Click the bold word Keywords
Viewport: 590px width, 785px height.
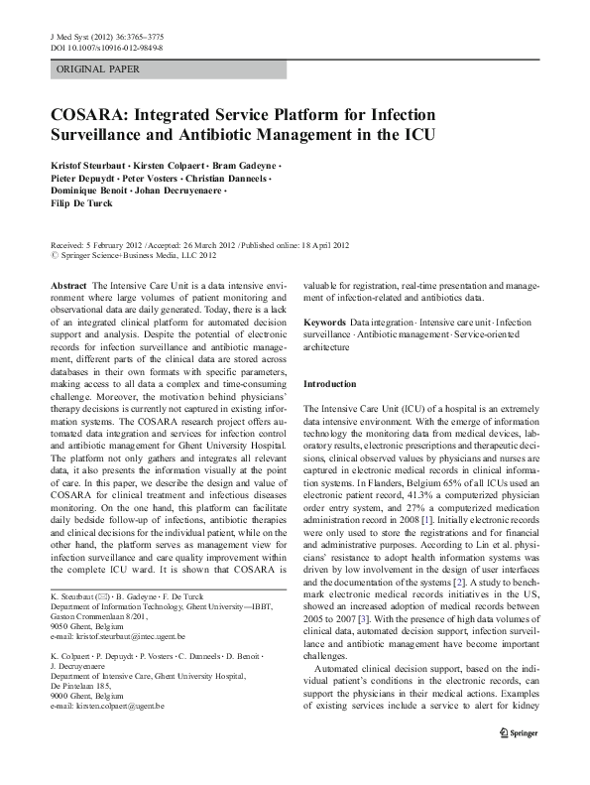pyautogui.click(x=324, y=324)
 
